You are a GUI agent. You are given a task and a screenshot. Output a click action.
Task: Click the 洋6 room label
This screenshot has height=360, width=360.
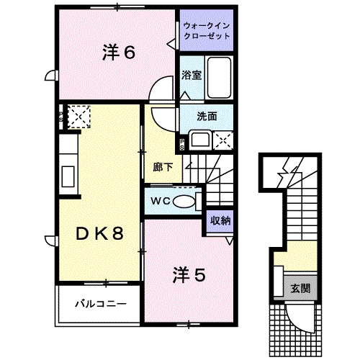tap(119, 53)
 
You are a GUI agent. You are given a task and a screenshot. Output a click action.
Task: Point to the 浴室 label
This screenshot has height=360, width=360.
tap(191, 75)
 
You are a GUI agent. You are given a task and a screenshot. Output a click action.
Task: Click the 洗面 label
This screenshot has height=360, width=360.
tap(208, 117)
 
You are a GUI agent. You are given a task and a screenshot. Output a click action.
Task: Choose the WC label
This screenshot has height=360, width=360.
tap(161, 201)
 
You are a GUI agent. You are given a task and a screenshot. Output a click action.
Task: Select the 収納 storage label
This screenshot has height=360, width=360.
tap(220, 221)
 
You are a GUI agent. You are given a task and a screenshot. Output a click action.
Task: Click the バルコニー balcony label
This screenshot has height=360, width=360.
tap(102, 303)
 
